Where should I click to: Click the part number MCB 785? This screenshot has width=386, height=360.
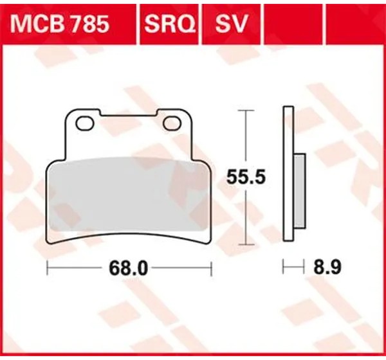click(x=59, y=24)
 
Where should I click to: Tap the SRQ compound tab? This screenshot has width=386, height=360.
click(x=170, y=24)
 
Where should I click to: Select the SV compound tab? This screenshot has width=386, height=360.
click(x=231, y=24)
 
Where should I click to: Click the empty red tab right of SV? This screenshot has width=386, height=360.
click(x=293, y=24)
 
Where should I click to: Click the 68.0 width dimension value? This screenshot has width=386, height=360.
click(x=128, y=269)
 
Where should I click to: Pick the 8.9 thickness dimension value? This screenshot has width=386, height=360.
click(x=327, y=267)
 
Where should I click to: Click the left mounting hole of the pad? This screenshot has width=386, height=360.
click(x=85, y=123)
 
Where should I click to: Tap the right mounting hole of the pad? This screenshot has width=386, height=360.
click(x=172, y=123)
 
